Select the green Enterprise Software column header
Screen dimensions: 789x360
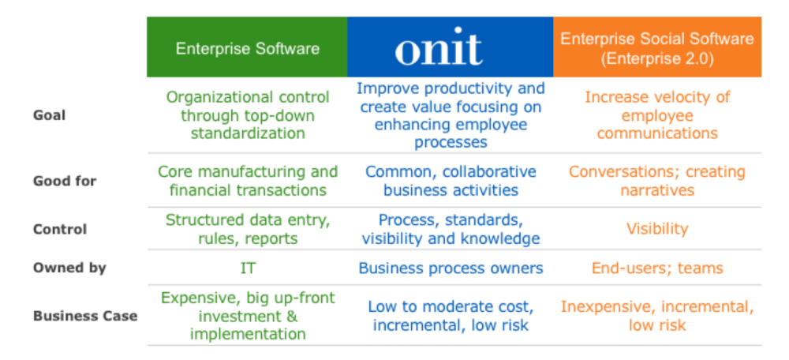point(247,47)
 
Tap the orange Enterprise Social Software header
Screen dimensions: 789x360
point(657,47)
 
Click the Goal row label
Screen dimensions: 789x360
point(49,116)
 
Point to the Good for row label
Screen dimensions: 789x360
point(65,181)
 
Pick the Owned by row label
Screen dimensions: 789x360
point(69,268)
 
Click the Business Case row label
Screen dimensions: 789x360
point(85,317)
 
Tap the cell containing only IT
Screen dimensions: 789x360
point(248,268)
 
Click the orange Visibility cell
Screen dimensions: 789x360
point(657,229)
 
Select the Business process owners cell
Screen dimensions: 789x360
point(451,268)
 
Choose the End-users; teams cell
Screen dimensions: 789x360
point(657,268)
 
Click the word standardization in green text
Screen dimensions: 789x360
point(248,133)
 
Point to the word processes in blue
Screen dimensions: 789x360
point(451,142)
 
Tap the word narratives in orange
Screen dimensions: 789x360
point(657,190)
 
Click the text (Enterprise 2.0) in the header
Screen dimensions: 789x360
point(657,58)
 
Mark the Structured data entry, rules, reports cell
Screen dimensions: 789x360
point(248,229)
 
